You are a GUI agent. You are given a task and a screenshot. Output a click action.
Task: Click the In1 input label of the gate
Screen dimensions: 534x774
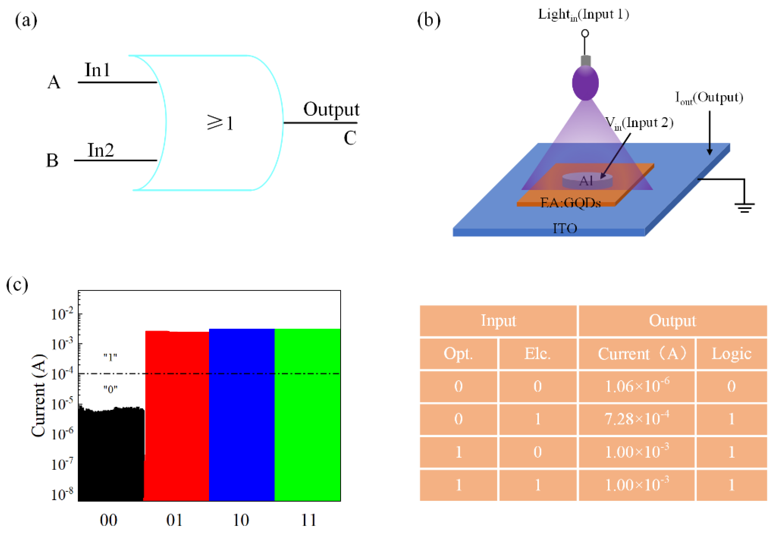click(x=97, y=70)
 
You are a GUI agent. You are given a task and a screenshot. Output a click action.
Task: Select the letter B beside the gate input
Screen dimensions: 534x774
click(x=52, y=160)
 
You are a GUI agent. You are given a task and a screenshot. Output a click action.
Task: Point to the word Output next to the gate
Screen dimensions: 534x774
click(x=331, y=109)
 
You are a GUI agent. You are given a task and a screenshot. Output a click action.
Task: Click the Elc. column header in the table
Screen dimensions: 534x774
click(x=537, y=354)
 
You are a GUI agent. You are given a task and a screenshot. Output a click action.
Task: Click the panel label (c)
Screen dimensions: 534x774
click(x=17, y=285)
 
